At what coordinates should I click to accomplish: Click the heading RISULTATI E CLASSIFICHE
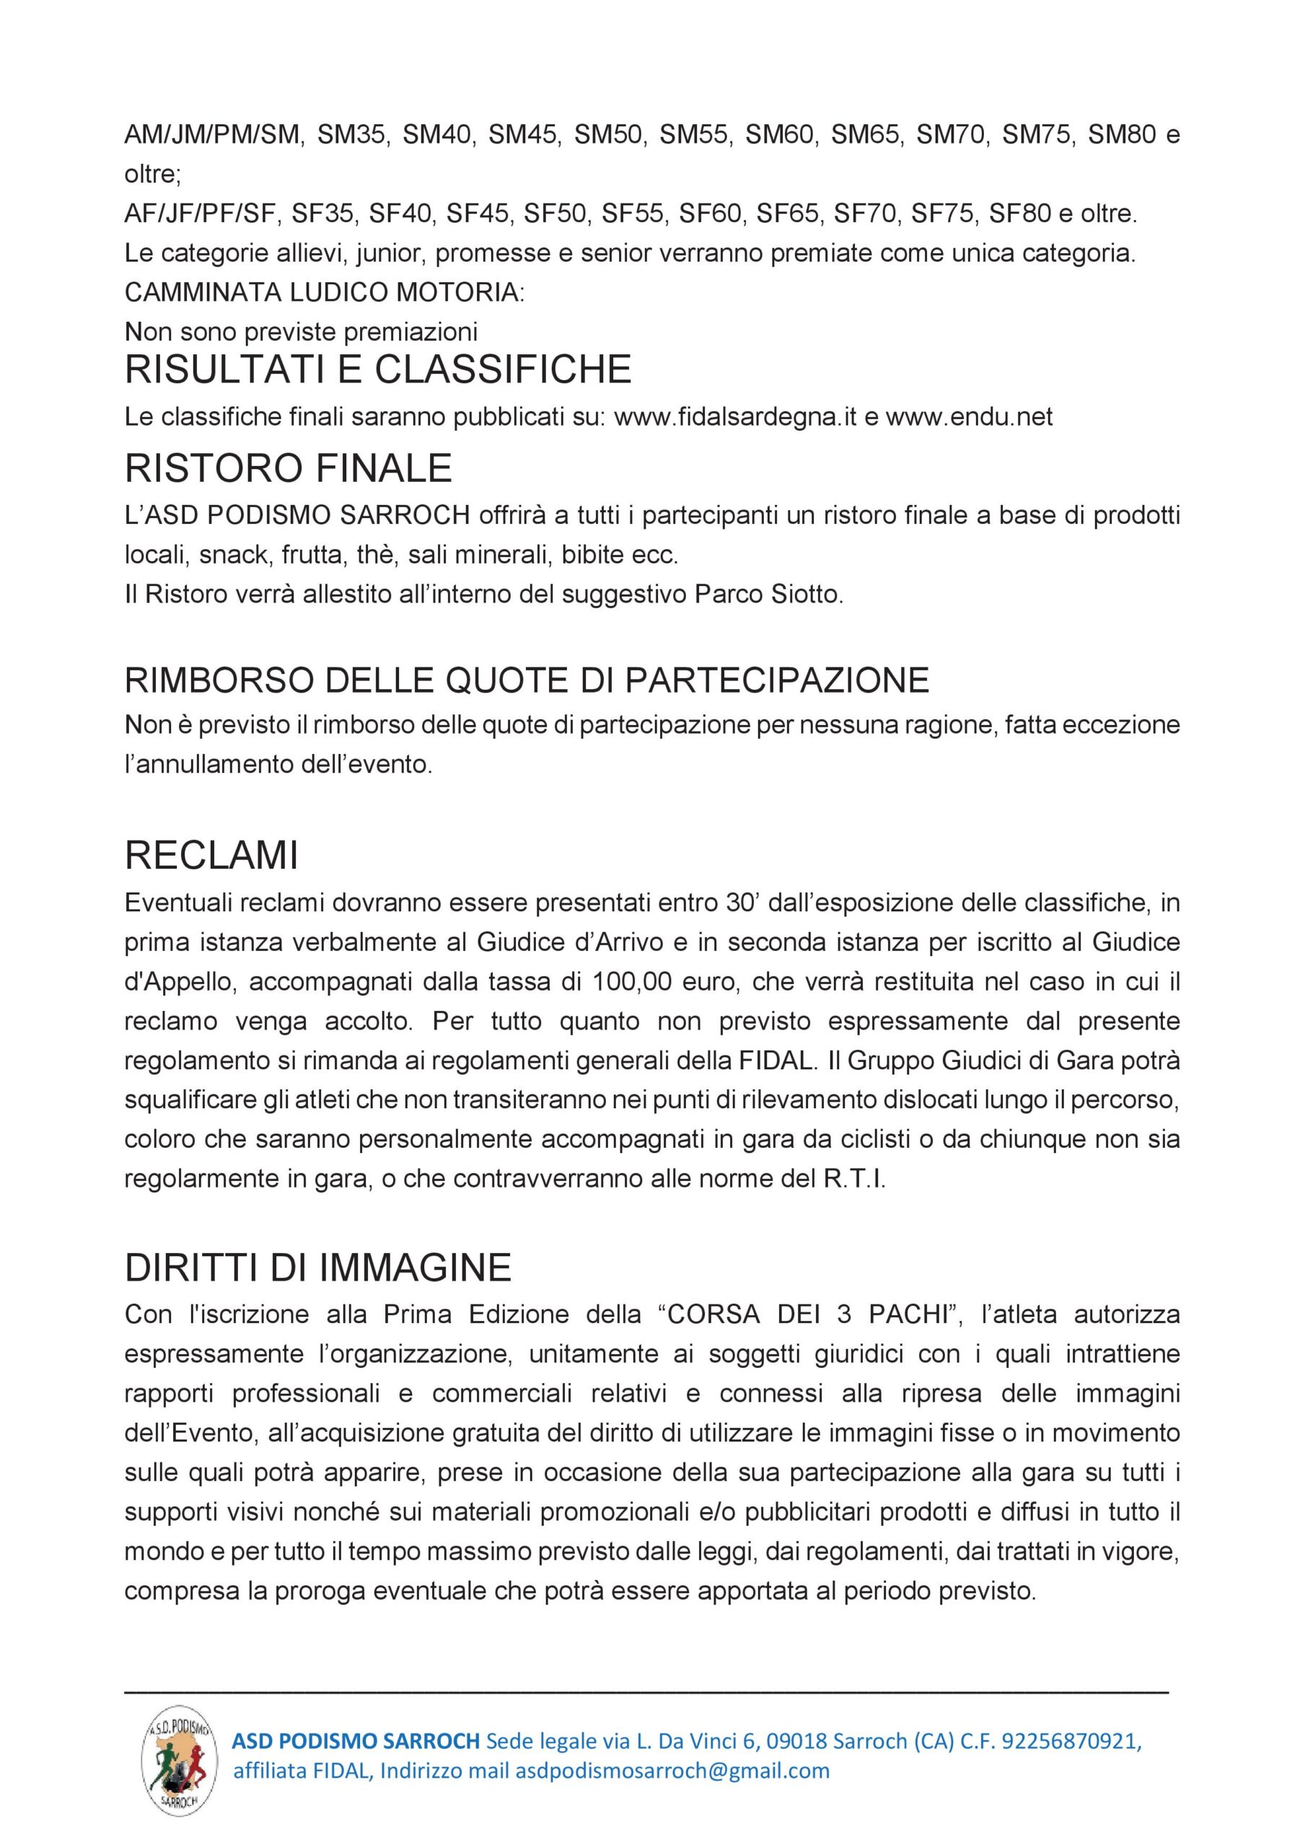377,370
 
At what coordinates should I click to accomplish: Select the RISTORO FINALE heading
288,468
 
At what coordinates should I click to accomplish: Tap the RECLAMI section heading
211,855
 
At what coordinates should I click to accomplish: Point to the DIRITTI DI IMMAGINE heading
318,1268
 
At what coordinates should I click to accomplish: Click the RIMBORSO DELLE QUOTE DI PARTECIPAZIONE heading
527,680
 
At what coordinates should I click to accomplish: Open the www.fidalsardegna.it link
734,417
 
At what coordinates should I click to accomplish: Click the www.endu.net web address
969,417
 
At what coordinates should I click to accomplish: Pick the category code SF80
1019,213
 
